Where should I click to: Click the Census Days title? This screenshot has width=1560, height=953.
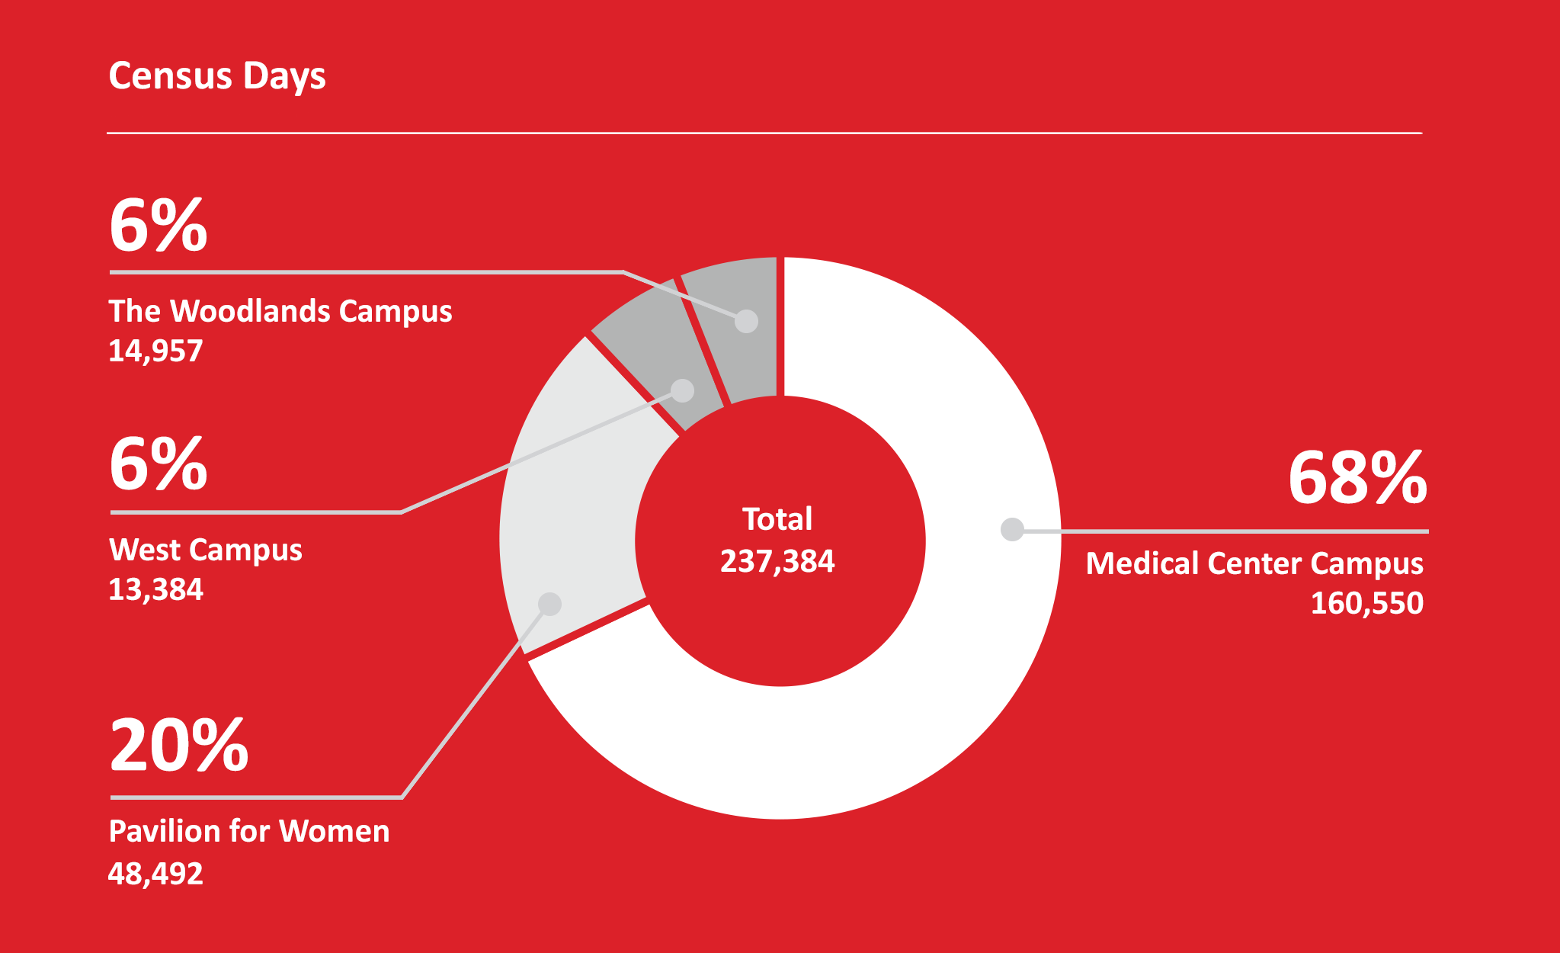(217, 76)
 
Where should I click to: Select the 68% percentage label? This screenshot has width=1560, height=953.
(1357, 478)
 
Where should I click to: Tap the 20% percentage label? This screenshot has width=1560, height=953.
(179, 745)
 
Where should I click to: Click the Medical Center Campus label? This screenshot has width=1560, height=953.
(1254, 563)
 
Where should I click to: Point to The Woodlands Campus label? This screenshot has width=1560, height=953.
(280, 311)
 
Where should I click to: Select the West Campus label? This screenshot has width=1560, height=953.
(205, 550)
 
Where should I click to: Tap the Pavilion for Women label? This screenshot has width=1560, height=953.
(248, 831)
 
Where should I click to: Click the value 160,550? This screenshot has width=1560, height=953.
(1366, 603)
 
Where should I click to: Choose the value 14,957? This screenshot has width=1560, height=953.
(155, 351)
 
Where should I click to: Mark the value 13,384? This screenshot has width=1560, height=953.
(155, 589)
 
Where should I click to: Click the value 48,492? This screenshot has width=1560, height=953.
(155, 873)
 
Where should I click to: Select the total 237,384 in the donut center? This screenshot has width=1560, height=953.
(777, 561)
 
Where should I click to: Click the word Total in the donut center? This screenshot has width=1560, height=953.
(777, 519)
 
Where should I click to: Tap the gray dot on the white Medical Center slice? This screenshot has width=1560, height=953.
(1012, 529)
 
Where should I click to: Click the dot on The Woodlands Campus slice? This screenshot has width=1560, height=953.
(746, 321)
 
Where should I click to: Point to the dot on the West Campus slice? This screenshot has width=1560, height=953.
(683, 390)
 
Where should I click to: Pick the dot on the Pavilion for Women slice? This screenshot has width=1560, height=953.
(549, 605)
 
